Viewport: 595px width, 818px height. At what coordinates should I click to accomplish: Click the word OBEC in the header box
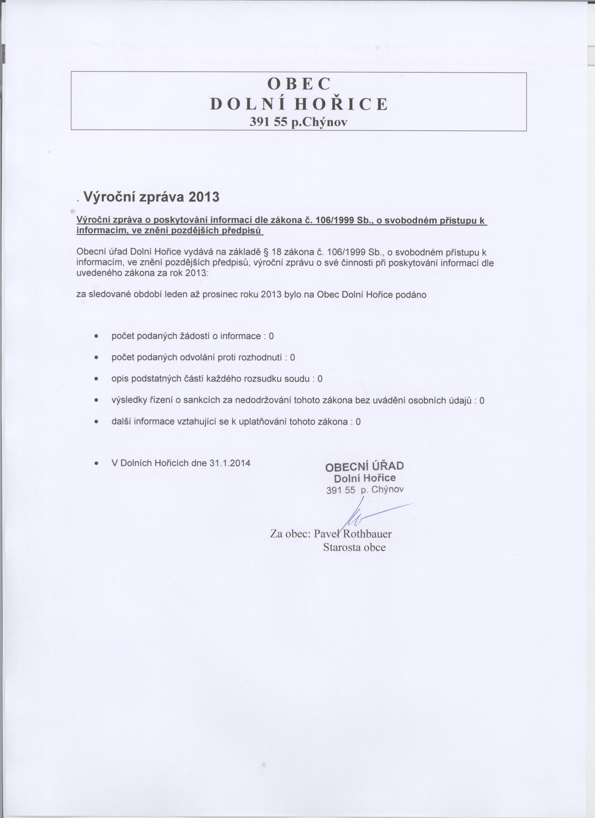pyautogui.click(x=299, y=84)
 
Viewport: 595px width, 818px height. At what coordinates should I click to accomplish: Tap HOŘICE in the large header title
pyautogui.click(x=341, y=104)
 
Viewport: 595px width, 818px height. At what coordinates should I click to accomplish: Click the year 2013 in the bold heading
pyautogui.click(x=204, y=197)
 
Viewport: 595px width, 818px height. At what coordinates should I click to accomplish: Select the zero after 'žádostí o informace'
pyautogui.click(x=271, y=336)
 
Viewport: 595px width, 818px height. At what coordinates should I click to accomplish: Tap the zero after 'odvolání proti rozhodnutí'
pyautogui.click(x=292, y=357)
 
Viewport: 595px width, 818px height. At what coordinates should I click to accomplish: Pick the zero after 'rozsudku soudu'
pyautogui.click(x=320, y=379)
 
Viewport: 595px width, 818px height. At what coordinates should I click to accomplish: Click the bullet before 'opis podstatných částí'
pyautogui.click(x=96, y=379)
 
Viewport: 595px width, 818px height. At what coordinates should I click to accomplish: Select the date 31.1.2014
pyautogui.click(x=230, y=463)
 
